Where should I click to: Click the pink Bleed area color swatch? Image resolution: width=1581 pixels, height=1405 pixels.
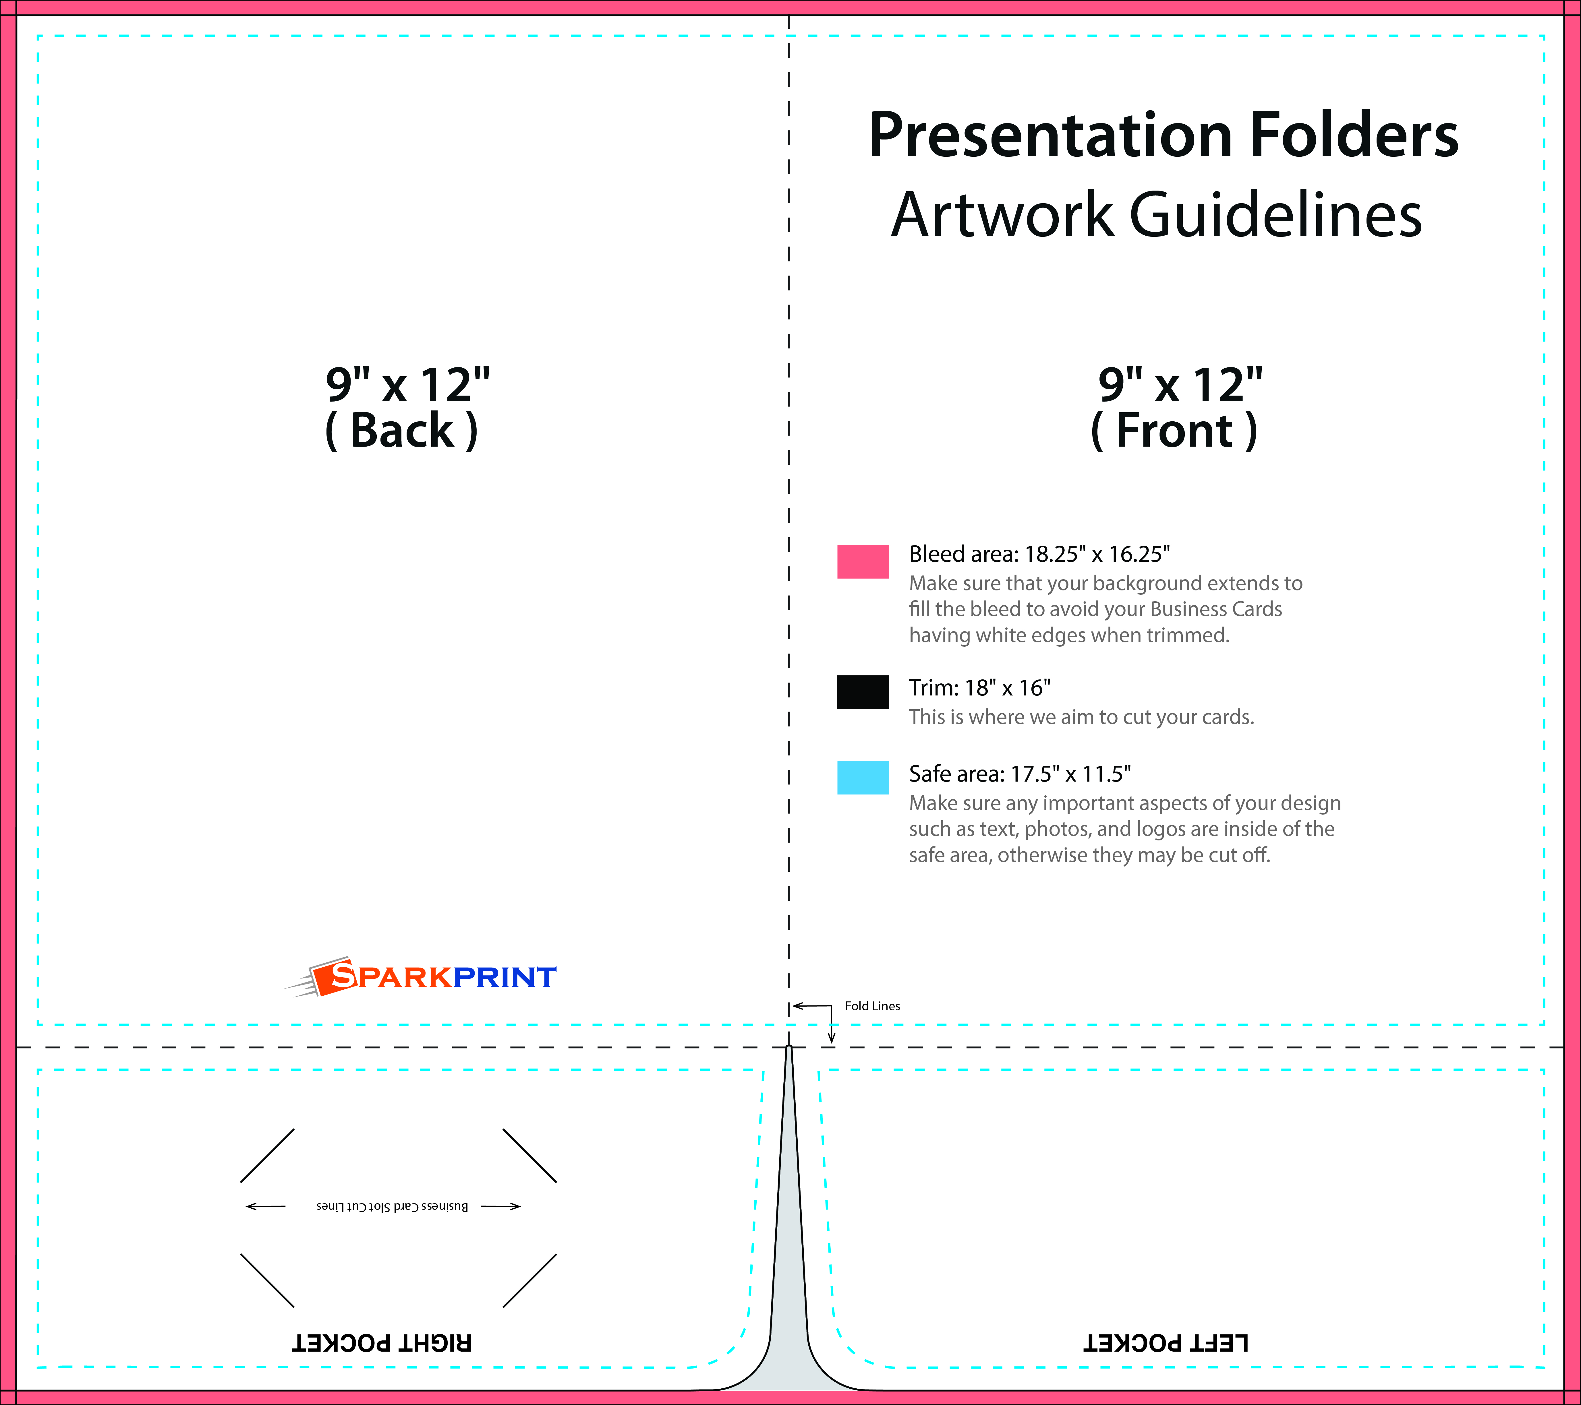coord(863,561)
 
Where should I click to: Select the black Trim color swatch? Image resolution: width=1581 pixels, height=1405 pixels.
coord(863,692)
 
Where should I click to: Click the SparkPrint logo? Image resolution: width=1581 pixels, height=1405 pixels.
coord(420,977)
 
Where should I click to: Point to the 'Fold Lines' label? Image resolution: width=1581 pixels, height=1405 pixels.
coord(873,1006)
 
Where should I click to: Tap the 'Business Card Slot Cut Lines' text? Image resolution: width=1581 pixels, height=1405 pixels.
coord(392,1206)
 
